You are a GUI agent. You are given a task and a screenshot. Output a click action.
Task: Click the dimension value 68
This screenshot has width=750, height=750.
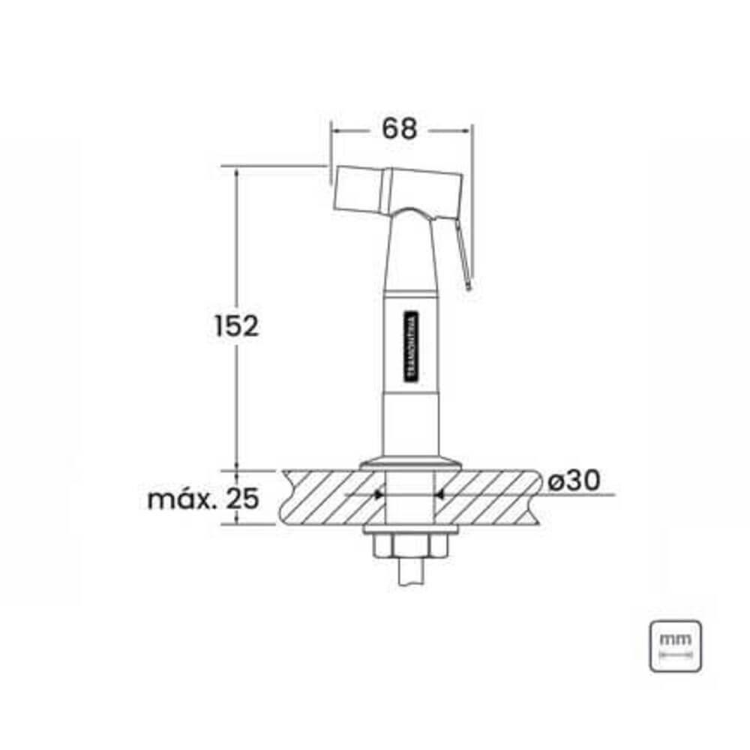pyautogui.click(x=399, y=129)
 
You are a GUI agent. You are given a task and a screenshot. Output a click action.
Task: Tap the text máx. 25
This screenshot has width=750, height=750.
pyautogui.click(x=202, y=498)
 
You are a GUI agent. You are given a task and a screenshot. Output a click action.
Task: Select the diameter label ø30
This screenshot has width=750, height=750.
pyautogui.click(x=574, y=481)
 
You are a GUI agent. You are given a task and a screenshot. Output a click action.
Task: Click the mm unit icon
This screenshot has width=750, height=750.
pyautogui.click(x=675, y=646)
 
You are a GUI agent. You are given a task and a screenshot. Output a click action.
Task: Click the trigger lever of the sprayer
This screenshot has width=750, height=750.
pyautogui.click(x=465, y=255)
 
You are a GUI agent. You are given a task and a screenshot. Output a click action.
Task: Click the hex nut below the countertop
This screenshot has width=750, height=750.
pyautogui.click(x=409, y=547)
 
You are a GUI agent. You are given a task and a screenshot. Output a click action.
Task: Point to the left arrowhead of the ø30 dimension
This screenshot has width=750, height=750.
pyautogui.click(x=379, y=495)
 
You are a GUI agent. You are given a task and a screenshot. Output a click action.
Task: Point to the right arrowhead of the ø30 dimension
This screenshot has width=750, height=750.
pyautogui.click(x=440, y=495)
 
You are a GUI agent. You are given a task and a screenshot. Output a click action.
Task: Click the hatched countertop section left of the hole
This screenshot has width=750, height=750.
pyautogui.click(x=330, y=496)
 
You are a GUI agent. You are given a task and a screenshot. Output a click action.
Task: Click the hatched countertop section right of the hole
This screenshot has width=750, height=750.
pyautogui.click(x=487, y=496)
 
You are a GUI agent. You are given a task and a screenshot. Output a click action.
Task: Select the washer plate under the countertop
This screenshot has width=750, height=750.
pyautogui.click(x=409, y=531)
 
